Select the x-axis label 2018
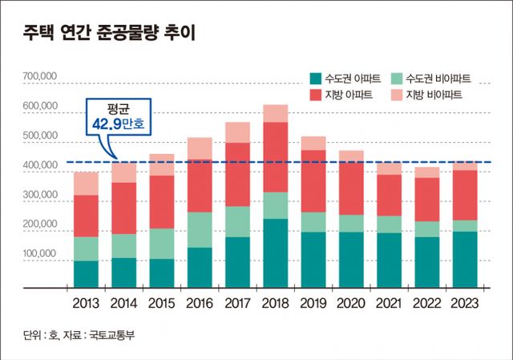point(277,305)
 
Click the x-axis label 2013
point(87,305)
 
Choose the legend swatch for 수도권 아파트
point(315,79)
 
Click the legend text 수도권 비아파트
point(438,79)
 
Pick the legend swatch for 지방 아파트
point(315,95)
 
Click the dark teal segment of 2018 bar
point(276,253)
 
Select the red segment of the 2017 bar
point(238,174)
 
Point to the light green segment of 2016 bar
point(200,229)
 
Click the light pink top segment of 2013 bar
point(86,183)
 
